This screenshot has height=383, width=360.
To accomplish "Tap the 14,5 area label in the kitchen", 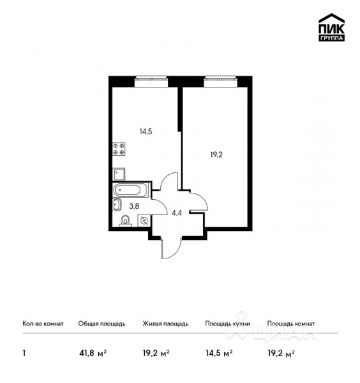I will pos(146,132).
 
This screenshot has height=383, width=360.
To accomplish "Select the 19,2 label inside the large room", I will pos(216,154).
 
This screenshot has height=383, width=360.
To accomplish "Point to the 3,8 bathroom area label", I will pos(135,206).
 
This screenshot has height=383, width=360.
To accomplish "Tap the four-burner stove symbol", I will pos(119,149).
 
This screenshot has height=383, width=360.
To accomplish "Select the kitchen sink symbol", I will pos(119,172).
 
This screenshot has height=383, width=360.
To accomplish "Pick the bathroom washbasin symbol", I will pos(117,204).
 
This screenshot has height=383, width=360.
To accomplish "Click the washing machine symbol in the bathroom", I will pos(144,221).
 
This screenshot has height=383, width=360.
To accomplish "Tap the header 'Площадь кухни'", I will pos(227,324).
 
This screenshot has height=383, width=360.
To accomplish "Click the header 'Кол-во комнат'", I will pos(43,324).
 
